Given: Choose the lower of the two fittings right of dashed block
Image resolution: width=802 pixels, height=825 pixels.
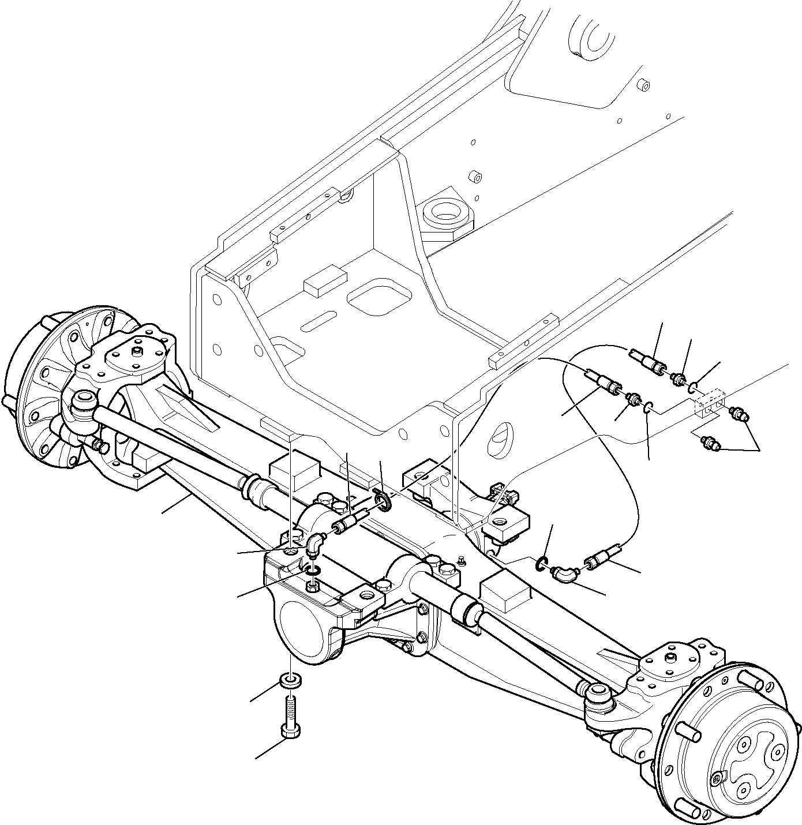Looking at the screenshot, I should point(709,443).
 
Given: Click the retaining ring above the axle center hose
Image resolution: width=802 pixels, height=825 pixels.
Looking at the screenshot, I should point(383,499).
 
